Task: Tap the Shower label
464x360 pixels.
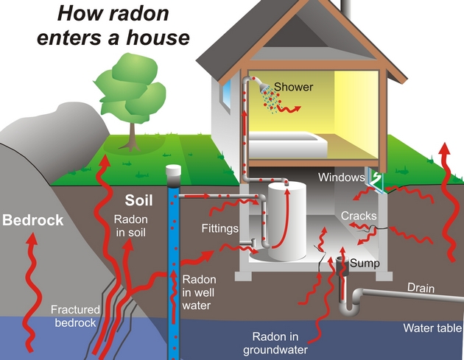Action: (293, 87)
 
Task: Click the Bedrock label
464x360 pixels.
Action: (32, 220)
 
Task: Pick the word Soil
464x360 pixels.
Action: (140, 200)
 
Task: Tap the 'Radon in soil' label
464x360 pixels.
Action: (130, 226)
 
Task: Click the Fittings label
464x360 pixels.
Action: (219, 229)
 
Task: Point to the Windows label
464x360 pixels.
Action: (341, 177)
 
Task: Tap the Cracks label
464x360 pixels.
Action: (359, 216)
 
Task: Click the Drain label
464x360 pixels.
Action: (421, 288)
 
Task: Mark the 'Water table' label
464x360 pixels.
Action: (432, 328)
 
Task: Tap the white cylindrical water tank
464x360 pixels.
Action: (285, 220)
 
